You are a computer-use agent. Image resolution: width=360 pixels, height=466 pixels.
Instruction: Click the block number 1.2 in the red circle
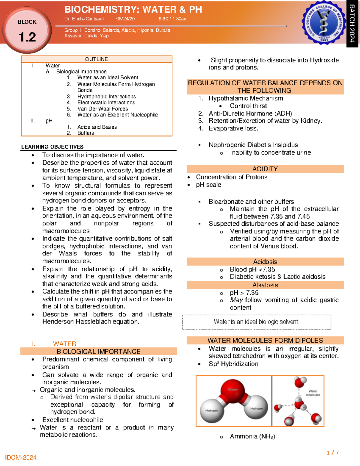(27, 37)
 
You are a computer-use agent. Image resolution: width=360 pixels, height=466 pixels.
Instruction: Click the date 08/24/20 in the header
(125, 19)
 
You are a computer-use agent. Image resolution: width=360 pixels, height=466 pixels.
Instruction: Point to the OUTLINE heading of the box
(96, 59)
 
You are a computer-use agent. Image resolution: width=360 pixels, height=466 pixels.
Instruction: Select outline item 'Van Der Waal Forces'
(103, 109)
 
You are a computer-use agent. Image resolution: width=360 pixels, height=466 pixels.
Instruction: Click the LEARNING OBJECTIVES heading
(52, 147)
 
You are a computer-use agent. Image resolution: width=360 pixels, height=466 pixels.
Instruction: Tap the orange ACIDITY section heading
(265, 169)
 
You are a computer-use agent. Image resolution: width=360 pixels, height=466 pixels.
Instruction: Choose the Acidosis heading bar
(265, 262)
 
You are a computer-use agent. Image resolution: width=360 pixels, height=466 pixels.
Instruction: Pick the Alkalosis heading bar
(265, 285)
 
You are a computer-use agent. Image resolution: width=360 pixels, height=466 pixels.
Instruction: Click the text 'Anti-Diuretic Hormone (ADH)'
(250, 113)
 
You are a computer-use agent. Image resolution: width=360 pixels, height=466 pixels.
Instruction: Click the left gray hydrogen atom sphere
(211, 410)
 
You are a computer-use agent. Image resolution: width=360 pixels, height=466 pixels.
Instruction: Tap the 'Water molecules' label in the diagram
(313, 393)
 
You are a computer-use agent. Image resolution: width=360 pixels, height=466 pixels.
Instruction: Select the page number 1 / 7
(333, 452)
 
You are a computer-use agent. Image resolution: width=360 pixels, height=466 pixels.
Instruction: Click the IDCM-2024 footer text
(21, 458)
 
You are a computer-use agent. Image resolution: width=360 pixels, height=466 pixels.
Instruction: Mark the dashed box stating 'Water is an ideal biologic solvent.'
(256, 322)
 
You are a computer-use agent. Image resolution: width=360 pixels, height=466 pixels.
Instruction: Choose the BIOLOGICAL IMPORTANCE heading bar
(98, 351)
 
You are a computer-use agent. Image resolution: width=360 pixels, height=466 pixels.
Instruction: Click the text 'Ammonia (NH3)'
(252, 436)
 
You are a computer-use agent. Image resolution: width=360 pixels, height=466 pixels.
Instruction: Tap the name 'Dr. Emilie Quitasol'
(84, 19)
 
